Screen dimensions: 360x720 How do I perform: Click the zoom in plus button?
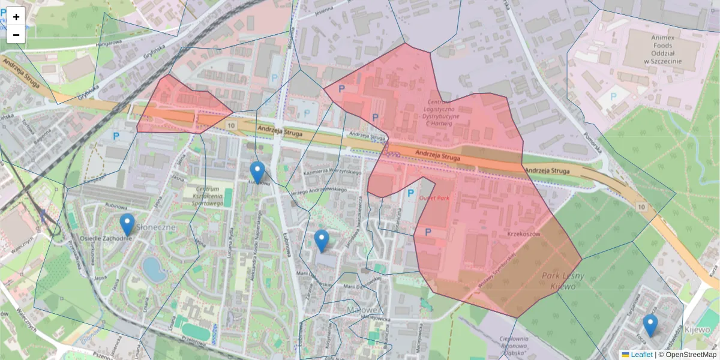(16, 17)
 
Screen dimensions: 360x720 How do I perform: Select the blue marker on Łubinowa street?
(257, 172)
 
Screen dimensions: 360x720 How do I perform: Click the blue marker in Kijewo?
(650, 325)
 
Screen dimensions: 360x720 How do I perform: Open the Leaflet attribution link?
(641, 355)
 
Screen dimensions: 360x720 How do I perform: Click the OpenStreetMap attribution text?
(691, 355)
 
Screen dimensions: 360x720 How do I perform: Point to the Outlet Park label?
(434, 197)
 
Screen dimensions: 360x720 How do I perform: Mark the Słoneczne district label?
(155, 227)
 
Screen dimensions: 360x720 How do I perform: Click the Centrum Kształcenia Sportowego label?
(208, 196)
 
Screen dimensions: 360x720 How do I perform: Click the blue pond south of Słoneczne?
(155, 270)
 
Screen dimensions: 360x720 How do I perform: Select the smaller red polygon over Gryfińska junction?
(180, 107)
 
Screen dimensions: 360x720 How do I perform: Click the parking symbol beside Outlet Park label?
(411, 193)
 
